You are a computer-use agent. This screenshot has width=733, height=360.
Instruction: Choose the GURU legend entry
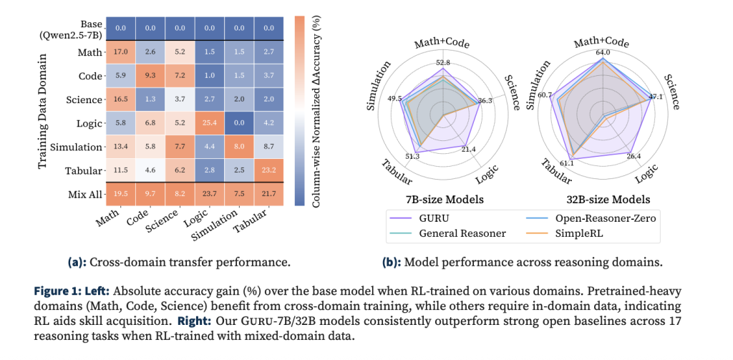coord(439,214)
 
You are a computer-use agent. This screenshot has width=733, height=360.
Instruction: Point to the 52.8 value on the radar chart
coord(443,62)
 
